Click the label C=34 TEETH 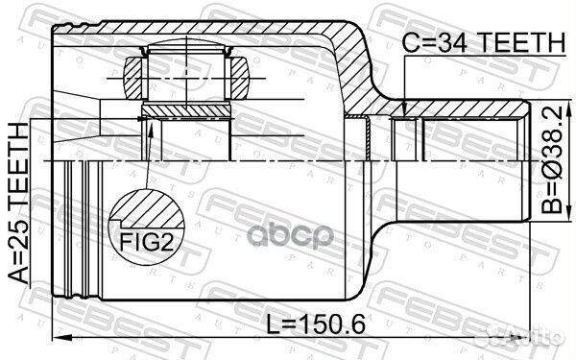(x=484, y=41)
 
